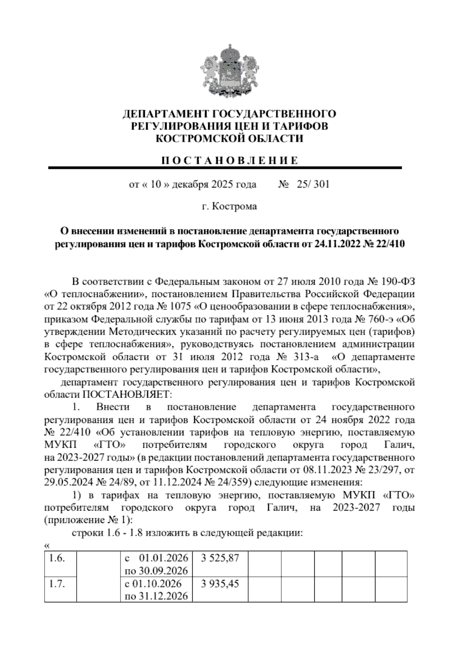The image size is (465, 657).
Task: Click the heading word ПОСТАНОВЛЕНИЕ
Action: pos(229,160)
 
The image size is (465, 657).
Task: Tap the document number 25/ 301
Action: pos(312,184)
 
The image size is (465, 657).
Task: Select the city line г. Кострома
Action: pos(229,206)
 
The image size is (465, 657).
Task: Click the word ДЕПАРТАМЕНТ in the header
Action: pos(165,114)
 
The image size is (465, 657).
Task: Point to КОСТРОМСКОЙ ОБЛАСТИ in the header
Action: pos(229,138)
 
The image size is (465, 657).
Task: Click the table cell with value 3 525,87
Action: pos(220,558)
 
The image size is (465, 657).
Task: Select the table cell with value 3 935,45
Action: pos(220,583)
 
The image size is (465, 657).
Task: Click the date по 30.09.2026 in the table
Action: pos(156,571)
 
